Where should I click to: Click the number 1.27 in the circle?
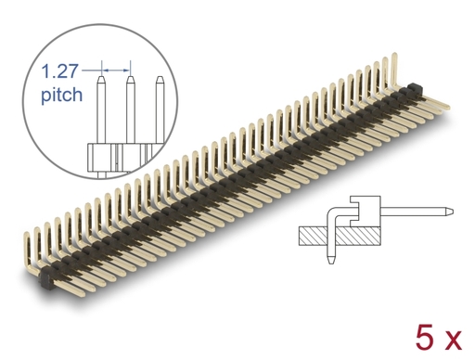click(59, 71)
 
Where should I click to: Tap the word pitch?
click(62, 95)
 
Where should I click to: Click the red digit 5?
click(425, 338)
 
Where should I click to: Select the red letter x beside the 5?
click(452, 341)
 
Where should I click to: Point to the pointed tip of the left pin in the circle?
click(101, 77)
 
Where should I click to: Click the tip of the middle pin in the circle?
click(130, 77)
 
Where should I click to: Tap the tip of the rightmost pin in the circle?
click(160, 77)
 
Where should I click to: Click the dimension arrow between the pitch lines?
click(116, 71)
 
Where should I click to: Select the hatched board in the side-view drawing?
click(340, 237)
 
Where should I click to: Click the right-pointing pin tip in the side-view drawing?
click(452, 212)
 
